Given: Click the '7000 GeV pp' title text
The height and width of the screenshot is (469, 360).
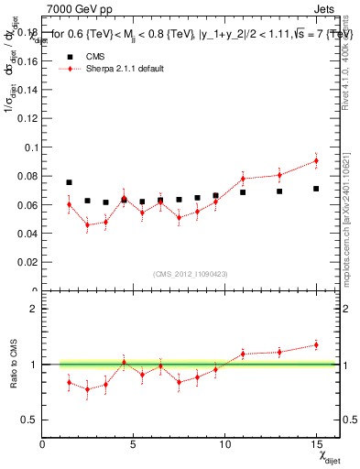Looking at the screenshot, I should coord(80,9).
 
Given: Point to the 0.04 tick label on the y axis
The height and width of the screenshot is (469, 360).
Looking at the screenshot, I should coord(28,234).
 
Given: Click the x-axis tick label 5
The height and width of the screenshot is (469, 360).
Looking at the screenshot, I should coord(134,444).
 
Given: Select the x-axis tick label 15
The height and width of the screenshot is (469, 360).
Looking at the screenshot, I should coord(316,444).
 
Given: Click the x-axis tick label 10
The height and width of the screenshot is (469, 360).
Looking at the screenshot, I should coord(224,444).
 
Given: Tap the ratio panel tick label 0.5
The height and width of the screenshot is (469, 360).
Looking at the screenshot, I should coord(29,420).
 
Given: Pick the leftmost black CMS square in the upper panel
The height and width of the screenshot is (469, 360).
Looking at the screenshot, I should coord(69,182).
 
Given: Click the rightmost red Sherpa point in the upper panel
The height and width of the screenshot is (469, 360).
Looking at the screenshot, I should coord(316,160).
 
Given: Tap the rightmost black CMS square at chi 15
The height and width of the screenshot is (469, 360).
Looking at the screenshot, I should coord(316,189).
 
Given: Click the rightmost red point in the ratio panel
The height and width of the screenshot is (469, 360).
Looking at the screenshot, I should coord(316,344).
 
